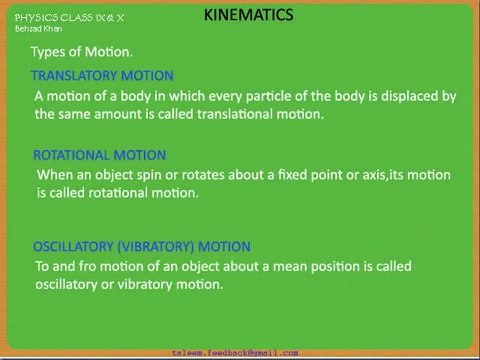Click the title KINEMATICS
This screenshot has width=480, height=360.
click(248, 15)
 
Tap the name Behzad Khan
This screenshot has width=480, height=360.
click(38, 29)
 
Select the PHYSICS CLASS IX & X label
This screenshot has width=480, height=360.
click(69, 18)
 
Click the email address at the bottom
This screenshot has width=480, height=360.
click(235, 353)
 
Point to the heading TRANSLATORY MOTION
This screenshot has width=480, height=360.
click(102, 76)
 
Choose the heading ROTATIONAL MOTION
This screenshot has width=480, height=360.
click(99, 155)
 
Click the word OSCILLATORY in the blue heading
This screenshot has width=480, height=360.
click(73, 247)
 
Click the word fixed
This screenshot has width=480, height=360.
click(292, 175)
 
